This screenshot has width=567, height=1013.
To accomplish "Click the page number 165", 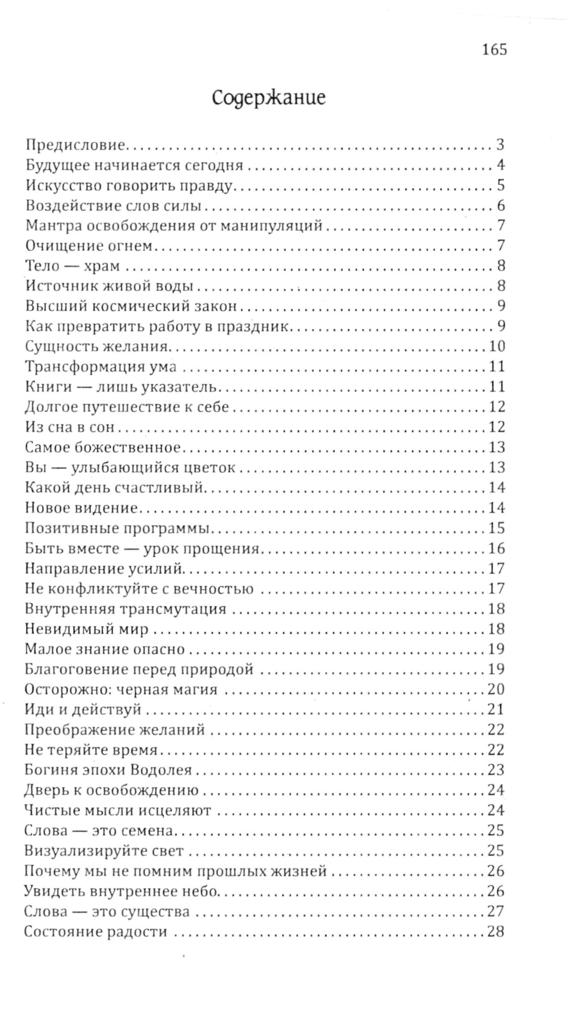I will coord(494,50).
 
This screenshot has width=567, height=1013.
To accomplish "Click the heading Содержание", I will coord(269,98).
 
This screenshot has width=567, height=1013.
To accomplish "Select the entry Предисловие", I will coord(75,145).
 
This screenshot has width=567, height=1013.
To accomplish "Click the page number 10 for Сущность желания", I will coord(496,346).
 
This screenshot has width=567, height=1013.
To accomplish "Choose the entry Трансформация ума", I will coord(101,367).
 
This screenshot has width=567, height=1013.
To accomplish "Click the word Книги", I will coord(49,387).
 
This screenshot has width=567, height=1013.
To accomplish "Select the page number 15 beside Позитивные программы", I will coord(496,529).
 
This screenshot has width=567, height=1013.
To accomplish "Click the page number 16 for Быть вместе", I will coord(496,549).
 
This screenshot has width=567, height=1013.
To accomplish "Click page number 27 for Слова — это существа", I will coord(496,912).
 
